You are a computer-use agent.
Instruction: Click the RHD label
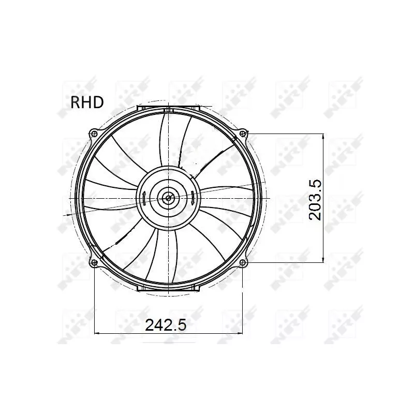(87, 101)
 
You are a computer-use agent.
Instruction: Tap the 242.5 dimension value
(166, 325)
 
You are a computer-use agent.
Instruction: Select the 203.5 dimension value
(315, 199)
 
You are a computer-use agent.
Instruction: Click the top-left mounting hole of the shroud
(94, 133)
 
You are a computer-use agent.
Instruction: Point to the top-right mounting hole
(244, 133)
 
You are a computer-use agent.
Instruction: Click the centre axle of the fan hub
(168, 197)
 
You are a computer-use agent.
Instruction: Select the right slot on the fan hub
(193, 197)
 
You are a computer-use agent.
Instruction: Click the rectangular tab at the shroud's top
(168, 108)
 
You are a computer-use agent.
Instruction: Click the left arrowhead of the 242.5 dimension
(98, 333)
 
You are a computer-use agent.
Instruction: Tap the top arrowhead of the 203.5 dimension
(323, 136)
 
